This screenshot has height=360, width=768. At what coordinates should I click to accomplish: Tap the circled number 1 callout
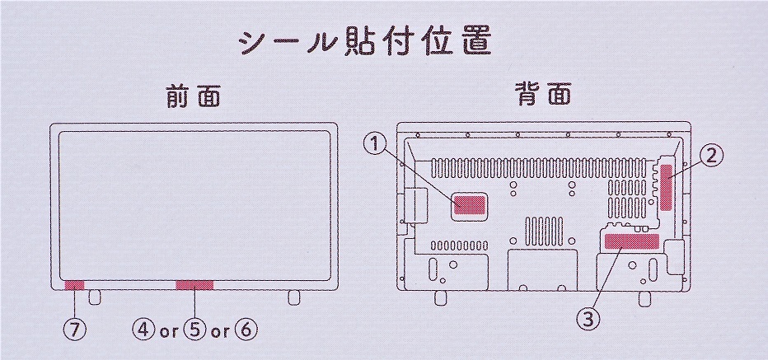(x=376, y=145)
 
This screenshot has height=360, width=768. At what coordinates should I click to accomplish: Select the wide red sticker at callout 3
(x=632, y=241)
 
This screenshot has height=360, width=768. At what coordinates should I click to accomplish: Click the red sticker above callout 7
(x=74, y=285)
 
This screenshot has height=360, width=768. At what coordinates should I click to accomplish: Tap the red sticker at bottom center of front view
(x=194, y=285)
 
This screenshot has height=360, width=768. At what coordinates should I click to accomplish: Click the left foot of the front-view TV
(x=94, y=296)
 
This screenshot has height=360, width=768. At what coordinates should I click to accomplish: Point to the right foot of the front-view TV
(x=294, y=296)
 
